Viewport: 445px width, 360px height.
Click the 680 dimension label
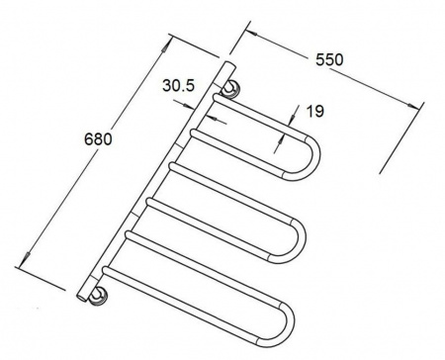pos(98,138)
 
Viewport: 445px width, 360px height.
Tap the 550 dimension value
pos(329,59)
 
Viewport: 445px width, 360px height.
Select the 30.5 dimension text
pos(179,86)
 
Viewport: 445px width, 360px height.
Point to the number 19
pos(315,111)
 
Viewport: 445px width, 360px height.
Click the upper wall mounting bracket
pos(230,88)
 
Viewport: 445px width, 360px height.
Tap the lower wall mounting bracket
pos(98,295)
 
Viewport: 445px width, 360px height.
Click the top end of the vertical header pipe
pos(230,64)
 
